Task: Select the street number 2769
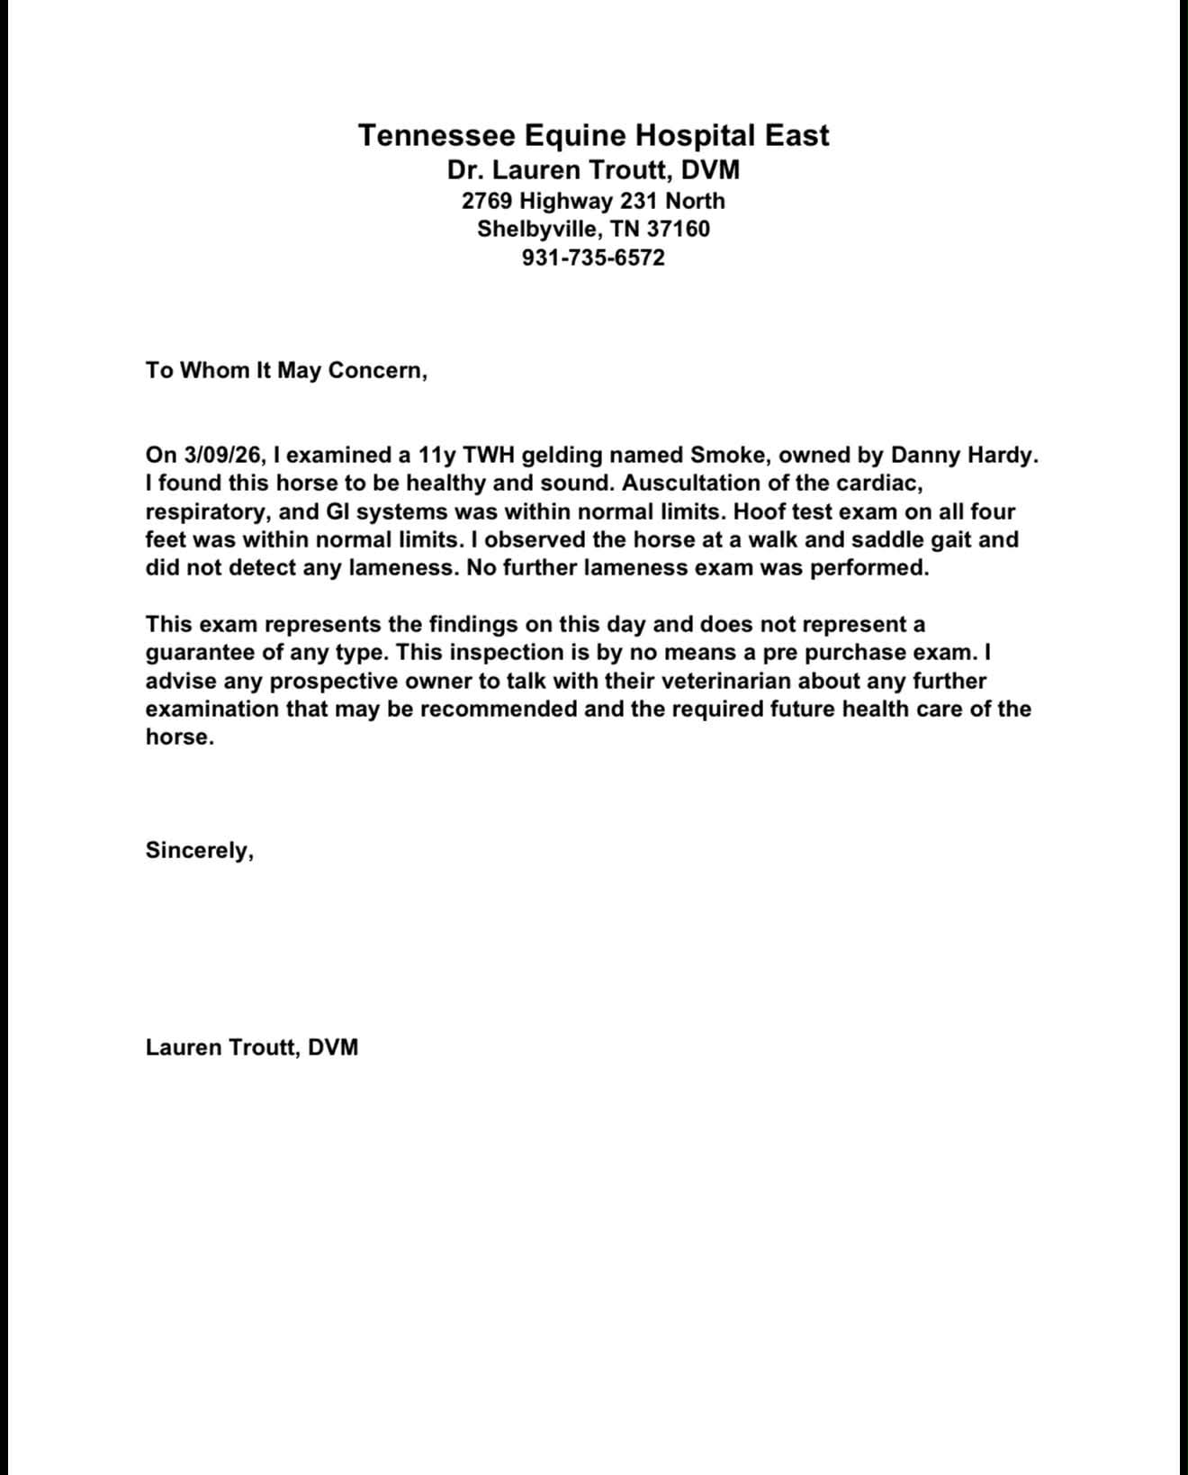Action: (x=487, y=200)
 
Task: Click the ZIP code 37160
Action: (x=678, y=229)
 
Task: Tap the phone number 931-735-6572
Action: (x=593, y=258)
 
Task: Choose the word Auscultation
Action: (x=688, y=483)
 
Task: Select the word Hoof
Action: (x=760, y=511)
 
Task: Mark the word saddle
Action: (x=886, y=539)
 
